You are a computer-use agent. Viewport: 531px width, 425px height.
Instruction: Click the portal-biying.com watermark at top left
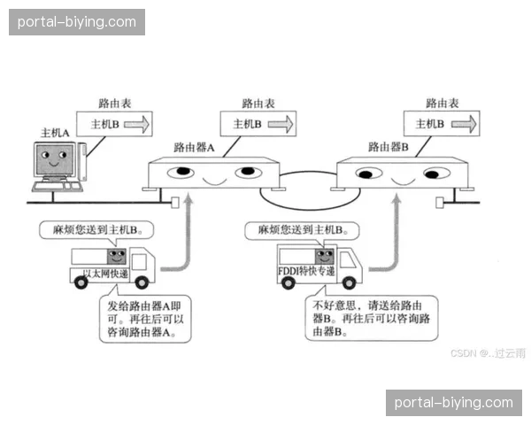77,21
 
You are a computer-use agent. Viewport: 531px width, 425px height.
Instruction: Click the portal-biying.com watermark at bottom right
453,403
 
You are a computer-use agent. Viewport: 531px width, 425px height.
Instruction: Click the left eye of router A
181,171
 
